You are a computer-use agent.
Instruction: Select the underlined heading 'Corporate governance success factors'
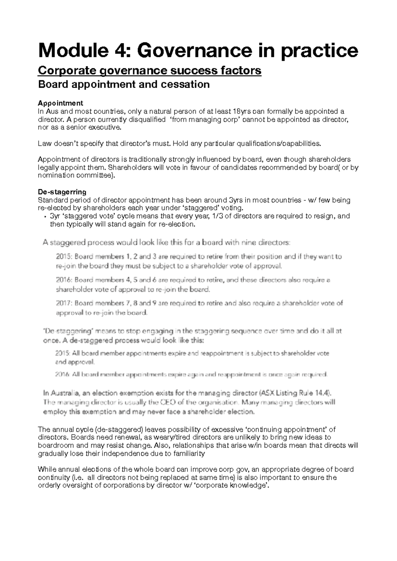150,70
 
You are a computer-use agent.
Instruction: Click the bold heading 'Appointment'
61,103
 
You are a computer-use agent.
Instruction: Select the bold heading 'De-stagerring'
62,192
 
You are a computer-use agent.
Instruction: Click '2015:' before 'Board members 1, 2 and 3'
65,257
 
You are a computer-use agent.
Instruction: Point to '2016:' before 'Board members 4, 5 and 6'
65,280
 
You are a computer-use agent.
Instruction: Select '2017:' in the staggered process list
65,303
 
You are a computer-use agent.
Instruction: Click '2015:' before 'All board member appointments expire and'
63,354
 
